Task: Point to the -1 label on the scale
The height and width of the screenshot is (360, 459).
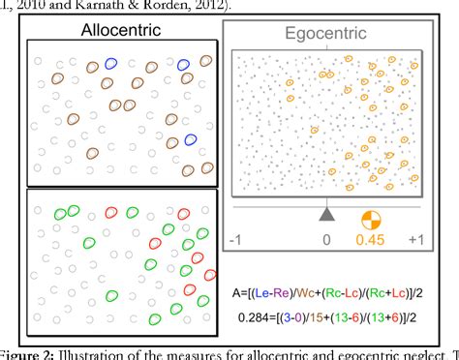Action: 232,239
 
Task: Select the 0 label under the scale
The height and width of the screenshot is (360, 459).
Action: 327,239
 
